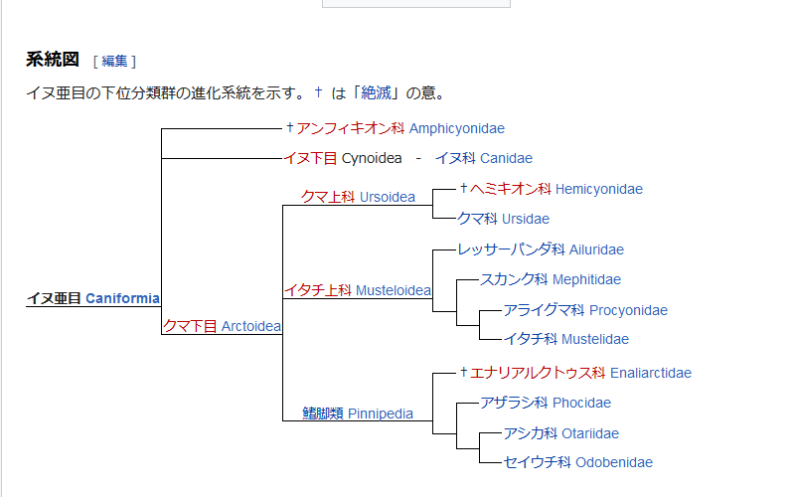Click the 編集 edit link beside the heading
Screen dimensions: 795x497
coord(114,62)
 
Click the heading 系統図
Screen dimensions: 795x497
coord(53,60)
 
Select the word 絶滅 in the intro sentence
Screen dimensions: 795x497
coord(377,92)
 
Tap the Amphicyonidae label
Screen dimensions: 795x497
coord(457,129)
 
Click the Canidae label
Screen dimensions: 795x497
coord(506,158)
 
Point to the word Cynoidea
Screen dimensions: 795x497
coord(372,158)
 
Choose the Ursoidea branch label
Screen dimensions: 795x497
coord(388,197)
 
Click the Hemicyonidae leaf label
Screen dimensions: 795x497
coord(599,189)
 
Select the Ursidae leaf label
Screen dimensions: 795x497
coord(526,219)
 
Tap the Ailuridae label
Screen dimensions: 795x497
coord(596,249)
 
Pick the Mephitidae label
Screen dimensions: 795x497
coord(586,279)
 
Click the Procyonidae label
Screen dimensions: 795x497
coord(629,310)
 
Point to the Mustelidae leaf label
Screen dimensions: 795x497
coord(595,339)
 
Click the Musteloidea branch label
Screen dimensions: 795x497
coord(394,290)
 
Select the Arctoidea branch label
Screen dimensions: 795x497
coord(251,326)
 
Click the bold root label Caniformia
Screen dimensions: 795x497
coord(122,298)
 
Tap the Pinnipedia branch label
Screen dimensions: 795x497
coord(381,414)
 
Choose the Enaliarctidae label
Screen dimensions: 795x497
coord(651,374)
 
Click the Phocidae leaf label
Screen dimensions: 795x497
coord(581,403)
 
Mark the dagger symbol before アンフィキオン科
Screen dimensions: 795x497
coord(290,127)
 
